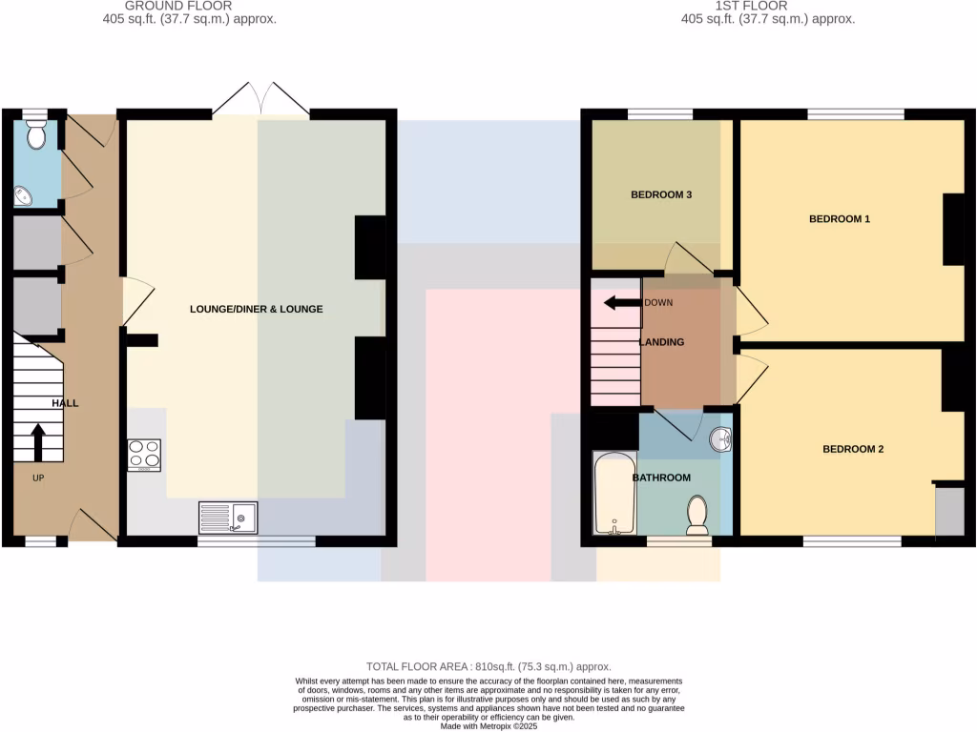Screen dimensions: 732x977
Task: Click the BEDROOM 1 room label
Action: (840, 219)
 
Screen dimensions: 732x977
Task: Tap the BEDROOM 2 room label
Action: (853, 449)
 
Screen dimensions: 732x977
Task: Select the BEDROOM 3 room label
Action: (661, 195)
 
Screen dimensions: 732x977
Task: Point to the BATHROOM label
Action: (661, 478)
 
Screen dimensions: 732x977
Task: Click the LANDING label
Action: (661, 342)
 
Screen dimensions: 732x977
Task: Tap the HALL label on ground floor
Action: (65, 403)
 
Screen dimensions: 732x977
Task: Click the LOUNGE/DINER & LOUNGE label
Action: (256, 310)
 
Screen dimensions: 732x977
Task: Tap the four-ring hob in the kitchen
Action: (144, 455)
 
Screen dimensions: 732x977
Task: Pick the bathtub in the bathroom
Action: (612, 494)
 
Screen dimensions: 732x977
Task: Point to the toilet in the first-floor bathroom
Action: (697, 515)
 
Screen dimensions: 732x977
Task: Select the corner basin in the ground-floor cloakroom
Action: (25, 196)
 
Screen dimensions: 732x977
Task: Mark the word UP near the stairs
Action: (38, 478)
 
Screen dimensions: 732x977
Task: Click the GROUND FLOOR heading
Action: (178, 6)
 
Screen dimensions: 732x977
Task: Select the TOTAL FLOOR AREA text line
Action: (488, 667)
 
